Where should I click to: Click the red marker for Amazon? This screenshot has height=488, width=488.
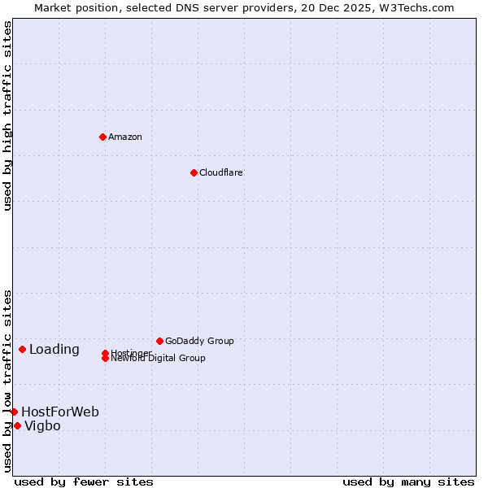[102, 137]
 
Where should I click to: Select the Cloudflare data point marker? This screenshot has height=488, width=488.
[194, 172]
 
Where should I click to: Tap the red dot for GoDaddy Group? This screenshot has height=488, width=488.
[159, 341]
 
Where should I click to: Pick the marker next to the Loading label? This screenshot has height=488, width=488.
[22, 349]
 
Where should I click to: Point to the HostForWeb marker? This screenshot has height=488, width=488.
[14, 412]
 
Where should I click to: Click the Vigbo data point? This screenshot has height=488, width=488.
[17, 425]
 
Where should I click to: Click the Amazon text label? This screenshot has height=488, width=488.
[125, 137]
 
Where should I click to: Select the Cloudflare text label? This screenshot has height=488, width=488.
[221, 172]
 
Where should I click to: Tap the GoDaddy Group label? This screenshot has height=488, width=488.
[199, 341]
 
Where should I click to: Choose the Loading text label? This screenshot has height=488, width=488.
[54, 350]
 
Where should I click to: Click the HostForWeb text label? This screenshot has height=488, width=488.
[60, 412]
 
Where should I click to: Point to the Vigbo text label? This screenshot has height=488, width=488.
[42, 426]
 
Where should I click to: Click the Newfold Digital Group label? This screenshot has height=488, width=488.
[159, 359]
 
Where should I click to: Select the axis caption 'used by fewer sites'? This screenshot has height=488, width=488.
[84, 481]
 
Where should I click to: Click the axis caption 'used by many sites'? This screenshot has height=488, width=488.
[408, 481]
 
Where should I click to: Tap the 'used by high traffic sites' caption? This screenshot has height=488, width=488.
[7, 115]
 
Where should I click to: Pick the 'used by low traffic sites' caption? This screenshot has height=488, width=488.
[7, 381]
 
